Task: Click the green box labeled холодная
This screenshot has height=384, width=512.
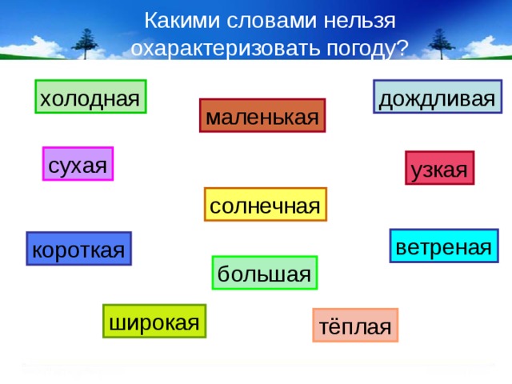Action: [90, 98]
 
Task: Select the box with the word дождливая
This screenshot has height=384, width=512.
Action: [437, 98]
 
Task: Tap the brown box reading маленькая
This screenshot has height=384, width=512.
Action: [262, 117]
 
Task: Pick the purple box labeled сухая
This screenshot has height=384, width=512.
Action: [78, 165]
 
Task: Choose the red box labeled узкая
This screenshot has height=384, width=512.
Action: [438, 169]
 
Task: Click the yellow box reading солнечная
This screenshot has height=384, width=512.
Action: [265, 206]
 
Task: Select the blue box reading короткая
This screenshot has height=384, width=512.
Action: [78, 250]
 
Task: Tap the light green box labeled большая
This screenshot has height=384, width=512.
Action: [264, 274]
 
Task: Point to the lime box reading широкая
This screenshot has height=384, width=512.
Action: [154, 322]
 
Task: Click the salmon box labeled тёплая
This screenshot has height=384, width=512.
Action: [355, 326]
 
